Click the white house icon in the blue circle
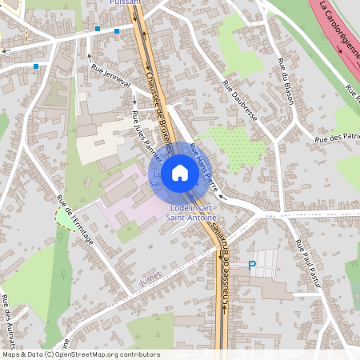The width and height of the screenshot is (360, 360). (180, 172)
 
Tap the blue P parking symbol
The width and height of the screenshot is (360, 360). (252, 266)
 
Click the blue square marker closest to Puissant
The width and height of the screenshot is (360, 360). (117, 30)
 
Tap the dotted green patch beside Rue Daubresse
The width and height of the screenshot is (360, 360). (235, 144)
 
